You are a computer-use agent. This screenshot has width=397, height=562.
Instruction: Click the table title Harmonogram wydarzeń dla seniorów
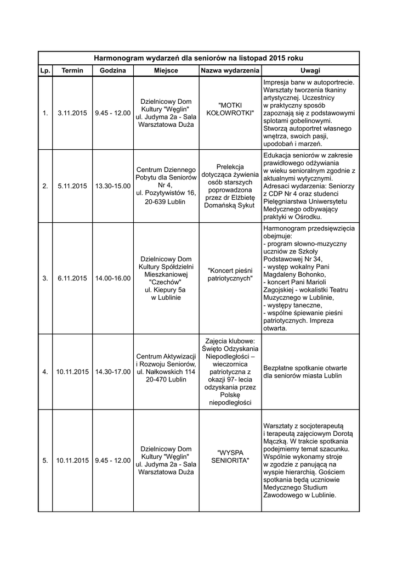[198, 58]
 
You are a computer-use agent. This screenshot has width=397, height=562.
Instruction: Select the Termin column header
[72, 71]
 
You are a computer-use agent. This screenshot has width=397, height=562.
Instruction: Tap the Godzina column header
[112, 71]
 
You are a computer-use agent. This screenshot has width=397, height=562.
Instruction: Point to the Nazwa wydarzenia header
[230, 71]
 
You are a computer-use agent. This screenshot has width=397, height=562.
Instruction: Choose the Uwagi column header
[310, 71]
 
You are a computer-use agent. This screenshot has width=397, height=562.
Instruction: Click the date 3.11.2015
[72, 113]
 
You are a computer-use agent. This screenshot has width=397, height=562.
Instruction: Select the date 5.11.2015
[72, 186]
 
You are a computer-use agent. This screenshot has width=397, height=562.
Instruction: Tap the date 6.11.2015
[72, 278]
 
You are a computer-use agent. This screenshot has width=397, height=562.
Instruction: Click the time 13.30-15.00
[112, 186]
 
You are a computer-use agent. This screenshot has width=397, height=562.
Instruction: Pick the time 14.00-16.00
[112, 278]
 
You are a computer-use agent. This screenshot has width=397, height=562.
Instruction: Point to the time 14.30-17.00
[112, 372]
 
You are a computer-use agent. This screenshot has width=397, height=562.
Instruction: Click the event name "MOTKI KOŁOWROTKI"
[230, 109]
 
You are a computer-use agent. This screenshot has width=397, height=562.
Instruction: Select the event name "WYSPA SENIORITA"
[230, 456]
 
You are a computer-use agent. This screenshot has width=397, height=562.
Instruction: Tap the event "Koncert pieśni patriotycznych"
[230, 274]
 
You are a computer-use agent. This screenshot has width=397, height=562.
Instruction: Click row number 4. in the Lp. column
[45, 372]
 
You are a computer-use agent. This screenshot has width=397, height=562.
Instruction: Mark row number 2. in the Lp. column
[45, 186]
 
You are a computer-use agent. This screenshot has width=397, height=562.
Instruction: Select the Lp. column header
[45, 71]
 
